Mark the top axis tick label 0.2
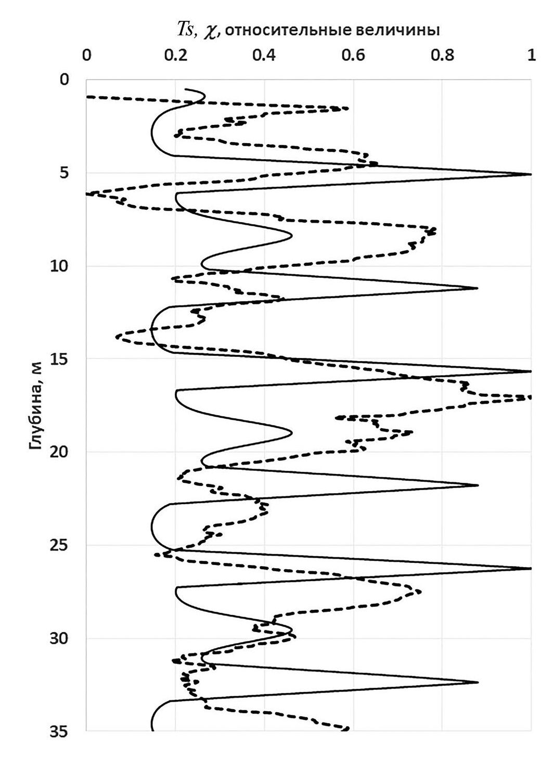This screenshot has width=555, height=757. (x=175, y=56)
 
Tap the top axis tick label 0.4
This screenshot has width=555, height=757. (x=264, y=56)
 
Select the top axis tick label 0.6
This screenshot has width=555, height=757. (x=353, y=56)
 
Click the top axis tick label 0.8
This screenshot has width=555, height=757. (x=442, y=56)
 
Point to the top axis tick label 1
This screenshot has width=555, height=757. (x=531, y=56)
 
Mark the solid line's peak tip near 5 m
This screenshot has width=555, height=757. (x=531, y=174)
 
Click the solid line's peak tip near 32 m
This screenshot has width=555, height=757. (x=477, y=682)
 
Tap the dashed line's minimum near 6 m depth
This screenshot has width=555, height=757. (x=88, y=194)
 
